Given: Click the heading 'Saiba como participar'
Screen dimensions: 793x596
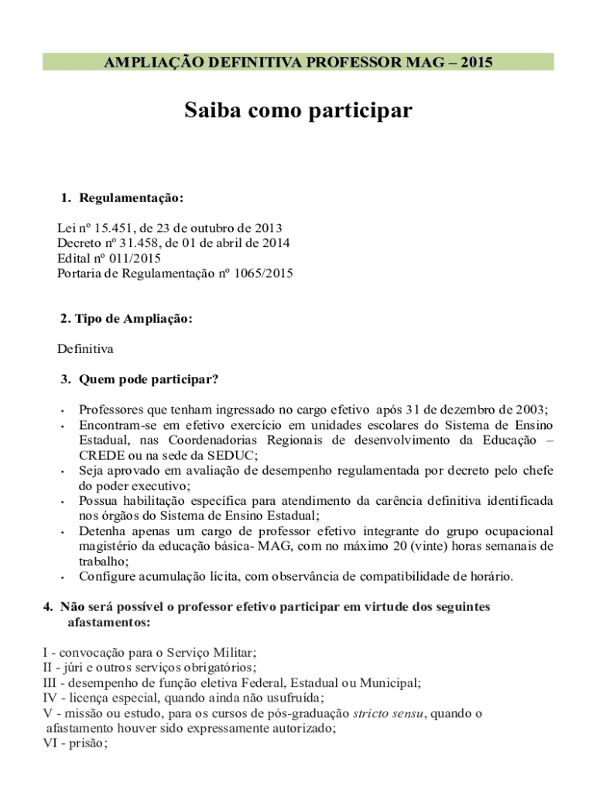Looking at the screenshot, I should (298, 112).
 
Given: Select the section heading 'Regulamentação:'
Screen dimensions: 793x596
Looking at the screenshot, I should (130, 198).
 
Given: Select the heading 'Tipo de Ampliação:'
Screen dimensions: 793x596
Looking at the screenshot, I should (126, 319).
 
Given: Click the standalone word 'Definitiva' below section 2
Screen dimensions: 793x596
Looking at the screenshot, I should (85, 348).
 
